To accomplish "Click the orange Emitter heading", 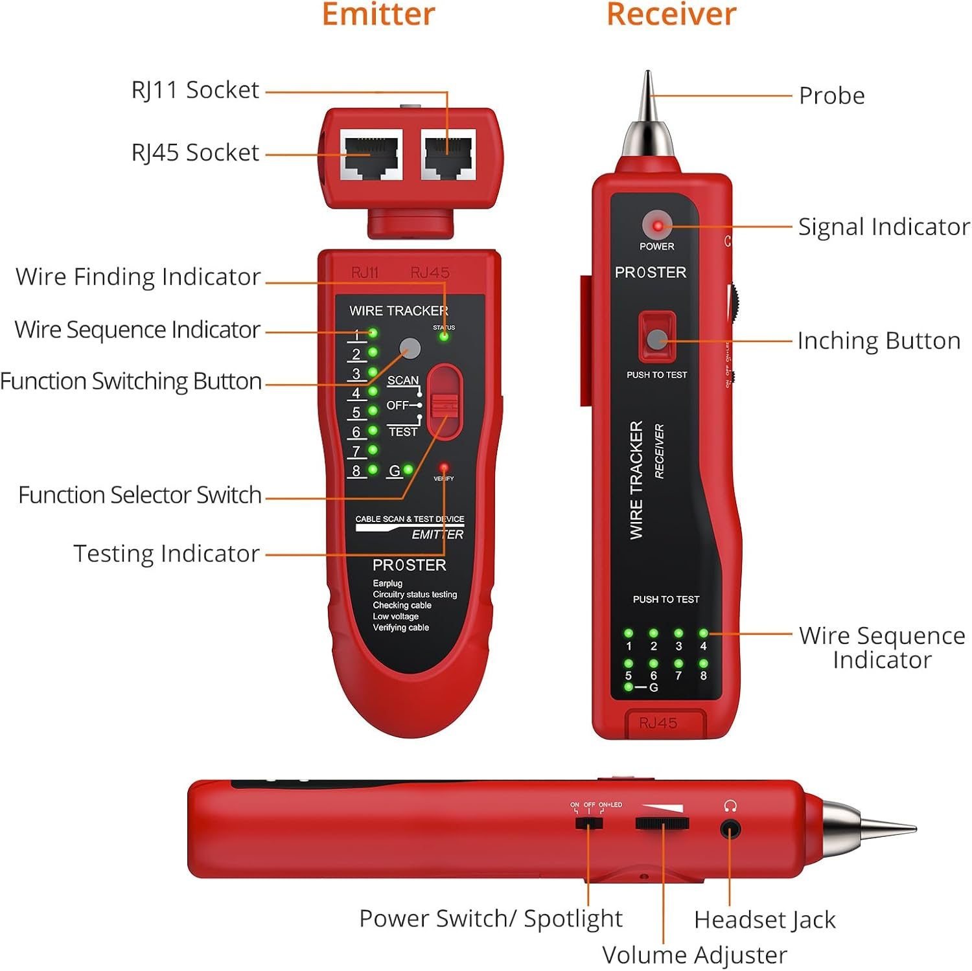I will click(378, 14).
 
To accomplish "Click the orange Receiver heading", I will click(671, 14).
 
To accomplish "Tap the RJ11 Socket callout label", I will click(195, 90).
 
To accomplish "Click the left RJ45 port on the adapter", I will click(371, 155).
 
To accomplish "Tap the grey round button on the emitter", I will click(410, 348).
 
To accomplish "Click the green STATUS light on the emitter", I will click(444, 336).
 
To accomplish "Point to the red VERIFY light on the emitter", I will click(444, 467).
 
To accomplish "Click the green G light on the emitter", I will click(408, 470).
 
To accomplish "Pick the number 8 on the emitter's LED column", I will click(356, 471).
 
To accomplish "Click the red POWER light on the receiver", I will click(658, 226).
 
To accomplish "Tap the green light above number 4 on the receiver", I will click(703, 633).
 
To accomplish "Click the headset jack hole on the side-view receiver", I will click(730, 829).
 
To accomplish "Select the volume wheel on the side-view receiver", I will click(662, 824).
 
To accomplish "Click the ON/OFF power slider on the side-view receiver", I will click(589, 823).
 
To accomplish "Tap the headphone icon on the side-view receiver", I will click(730, 806).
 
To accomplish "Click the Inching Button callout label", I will click(879, 341).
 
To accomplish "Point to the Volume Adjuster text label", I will click(695, 955).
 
